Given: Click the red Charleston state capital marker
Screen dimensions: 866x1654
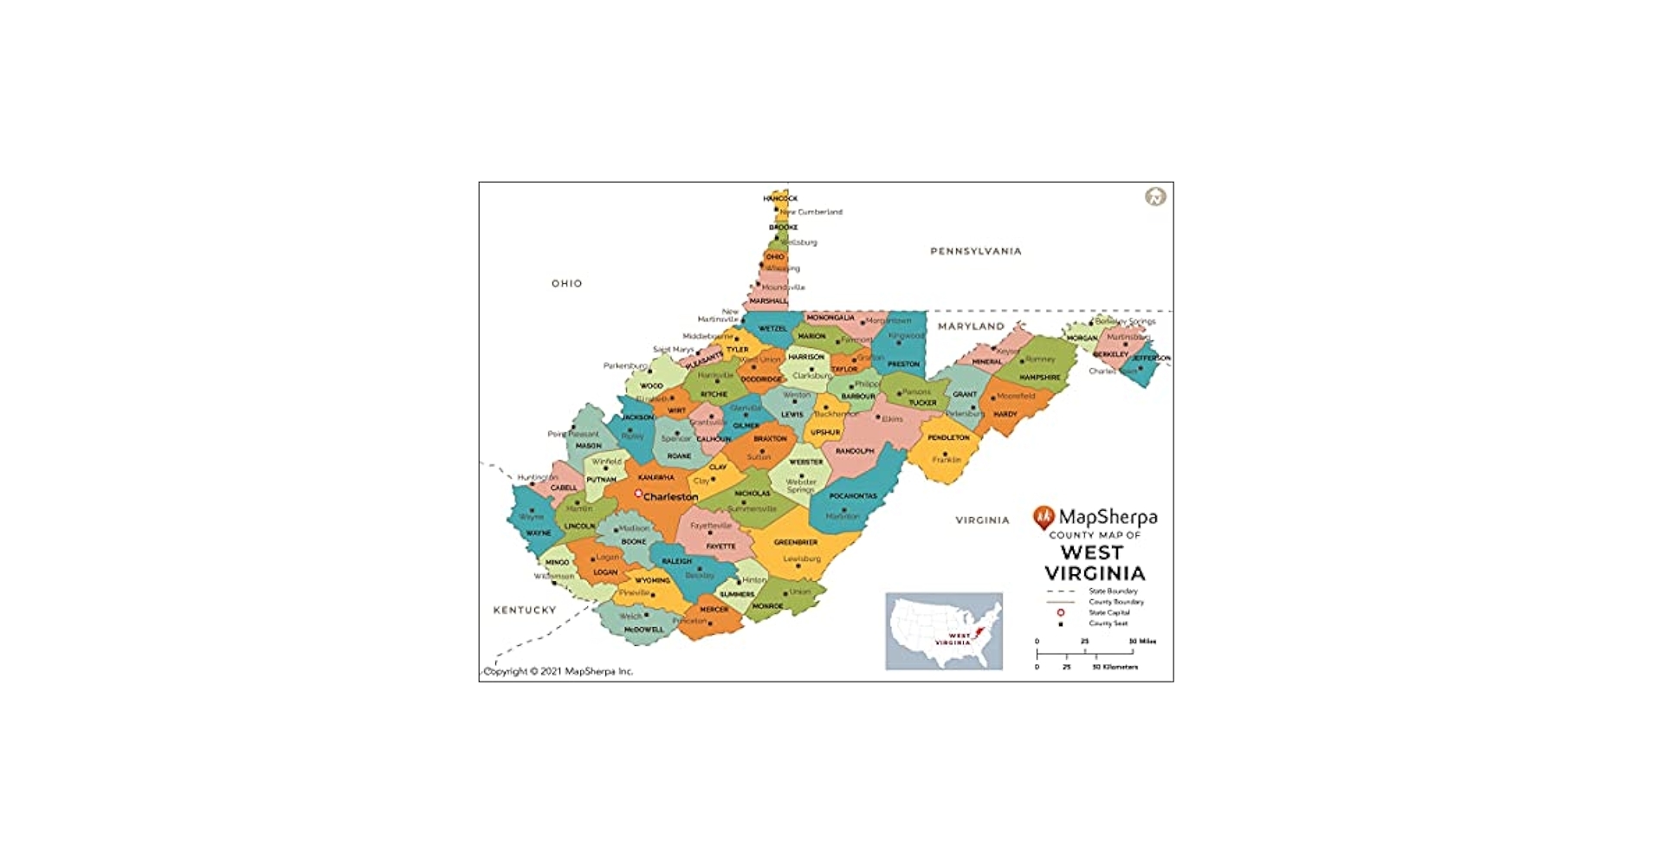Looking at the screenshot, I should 638,494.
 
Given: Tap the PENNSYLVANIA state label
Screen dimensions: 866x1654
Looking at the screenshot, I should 975,251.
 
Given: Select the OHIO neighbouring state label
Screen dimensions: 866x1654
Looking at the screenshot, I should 566,283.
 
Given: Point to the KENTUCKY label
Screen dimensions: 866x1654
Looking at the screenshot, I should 524,610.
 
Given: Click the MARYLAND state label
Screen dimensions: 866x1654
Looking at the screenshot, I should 971,326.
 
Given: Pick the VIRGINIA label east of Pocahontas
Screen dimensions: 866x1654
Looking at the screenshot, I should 981,520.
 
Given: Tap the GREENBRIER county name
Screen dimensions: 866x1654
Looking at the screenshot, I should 795,542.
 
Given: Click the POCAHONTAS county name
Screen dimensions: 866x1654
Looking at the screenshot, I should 852,496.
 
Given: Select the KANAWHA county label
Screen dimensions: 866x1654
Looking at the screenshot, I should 656,477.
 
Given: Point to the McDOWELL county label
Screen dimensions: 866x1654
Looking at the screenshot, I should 643,630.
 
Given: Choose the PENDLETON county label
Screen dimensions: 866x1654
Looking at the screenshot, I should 948,437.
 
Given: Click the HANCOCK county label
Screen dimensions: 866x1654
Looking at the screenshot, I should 779,198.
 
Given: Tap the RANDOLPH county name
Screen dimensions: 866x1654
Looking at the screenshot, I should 854,451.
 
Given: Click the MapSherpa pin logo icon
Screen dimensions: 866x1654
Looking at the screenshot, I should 1043,518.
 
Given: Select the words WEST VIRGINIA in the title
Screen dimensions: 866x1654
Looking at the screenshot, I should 1094,563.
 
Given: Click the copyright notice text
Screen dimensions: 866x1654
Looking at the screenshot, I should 558,671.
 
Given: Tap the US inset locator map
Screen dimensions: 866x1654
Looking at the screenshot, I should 943,630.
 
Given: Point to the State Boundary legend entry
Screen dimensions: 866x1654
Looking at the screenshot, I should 1112,591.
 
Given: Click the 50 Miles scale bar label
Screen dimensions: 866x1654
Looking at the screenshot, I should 1141,642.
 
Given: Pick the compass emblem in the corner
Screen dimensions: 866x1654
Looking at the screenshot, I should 1154,197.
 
